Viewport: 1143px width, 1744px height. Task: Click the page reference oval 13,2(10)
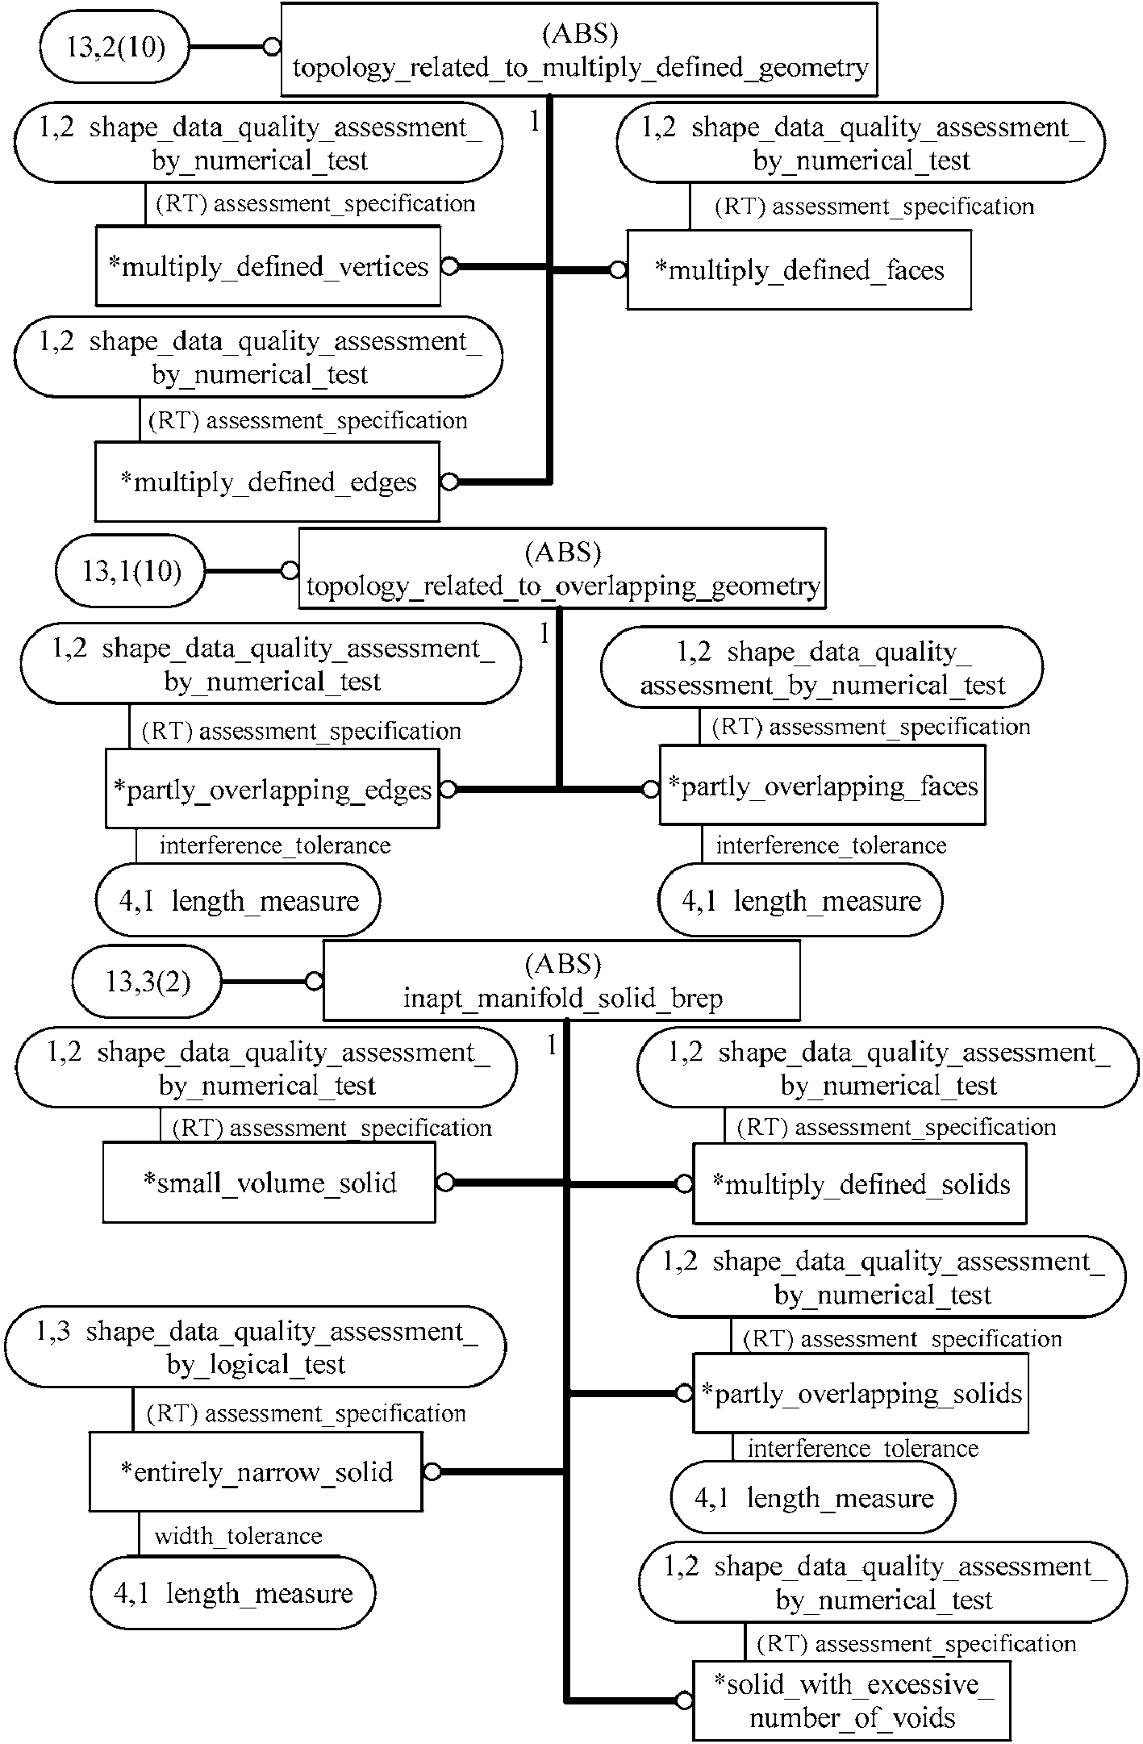pos(115,48)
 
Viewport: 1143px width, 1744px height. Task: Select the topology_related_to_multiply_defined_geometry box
pos(579,50)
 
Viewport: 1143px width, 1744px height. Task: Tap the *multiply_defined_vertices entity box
pos(268,266)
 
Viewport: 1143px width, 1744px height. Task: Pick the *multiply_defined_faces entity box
pos(799,270)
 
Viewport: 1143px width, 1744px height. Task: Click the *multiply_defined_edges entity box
pos(268,482)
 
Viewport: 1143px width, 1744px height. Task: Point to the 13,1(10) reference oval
pos(131,571)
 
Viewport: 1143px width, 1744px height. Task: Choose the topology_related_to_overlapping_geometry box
pos(562,569)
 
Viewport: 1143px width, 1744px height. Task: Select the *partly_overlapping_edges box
pos(273,789)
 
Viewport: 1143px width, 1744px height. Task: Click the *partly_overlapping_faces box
pos(823,786)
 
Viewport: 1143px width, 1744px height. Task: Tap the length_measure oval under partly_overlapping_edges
pos(238,900)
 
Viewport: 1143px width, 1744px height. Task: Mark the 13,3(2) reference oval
pos(148,982)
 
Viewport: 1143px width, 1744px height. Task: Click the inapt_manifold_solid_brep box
pos(561,981)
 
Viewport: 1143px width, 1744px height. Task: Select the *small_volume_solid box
pos(269,1183)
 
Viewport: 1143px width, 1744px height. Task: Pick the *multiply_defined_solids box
pos(860,1184)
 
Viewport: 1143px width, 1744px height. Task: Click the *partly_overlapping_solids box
pos(861,1393)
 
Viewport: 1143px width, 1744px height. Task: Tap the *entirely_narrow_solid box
pos(256,1472)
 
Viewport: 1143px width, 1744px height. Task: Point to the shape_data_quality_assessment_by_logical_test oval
pos(256,1347)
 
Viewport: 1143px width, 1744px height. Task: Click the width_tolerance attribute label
pos(238,1535)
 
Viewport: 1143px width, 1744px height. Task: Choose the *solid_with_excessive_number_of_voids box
pos(852,1700)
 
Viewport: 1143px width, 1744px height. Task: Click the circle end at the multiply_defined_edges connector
pos(449,482)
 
